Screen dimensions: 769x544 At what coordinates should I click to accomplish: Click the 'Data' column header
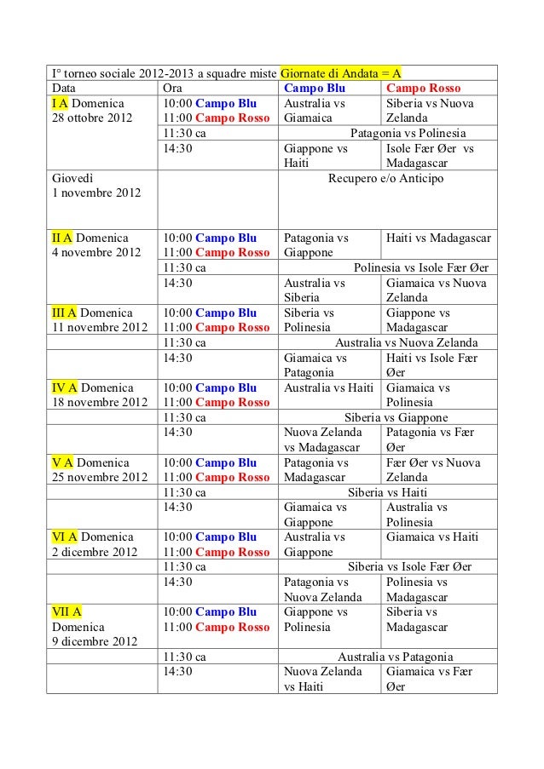click(63, 89)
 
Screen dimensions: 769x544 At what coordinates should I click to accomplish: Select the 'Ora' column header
click(172, 89)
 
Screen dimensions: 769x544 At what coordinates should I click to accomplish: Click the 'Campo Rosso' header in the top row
click(423, 89)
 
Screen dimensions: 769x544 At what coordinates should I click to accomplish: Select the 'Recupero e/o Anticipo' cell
click(385, 179)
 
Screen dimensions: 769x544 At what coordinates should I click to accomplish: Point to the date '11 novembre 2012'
click(99, 327)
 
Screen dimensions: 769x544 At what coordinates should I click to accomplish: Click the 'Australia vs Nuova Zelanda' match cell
click(406, 342)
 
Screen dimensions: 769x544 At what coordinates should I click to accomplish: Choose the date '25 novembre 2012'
click(99, 477)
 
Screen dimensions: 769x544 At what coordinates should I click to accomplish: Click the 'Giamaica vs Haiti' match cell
click(431, 537)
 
